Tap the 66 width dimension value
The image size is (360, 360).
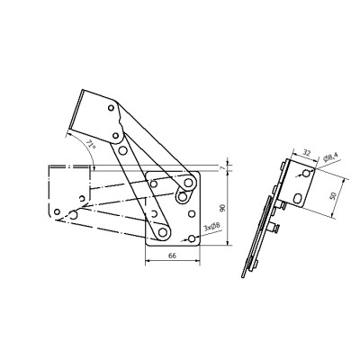point(172,256)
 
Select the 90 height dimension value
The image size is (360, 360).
point(222,208)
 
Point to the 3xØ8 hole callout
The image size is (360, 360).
point(211,227)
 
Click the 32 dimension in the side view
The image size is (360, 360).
point(306,153)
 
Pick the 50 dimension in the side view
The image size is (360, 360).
point(332,196)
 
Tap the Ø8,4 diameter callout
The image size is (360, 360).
point(330,157)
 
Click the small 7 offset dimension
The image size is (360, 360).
point(222,167)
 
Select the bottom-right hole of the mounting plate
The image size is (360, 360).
point(192,238)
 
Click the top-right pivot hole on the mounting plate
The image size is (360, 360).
point(188,182)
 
